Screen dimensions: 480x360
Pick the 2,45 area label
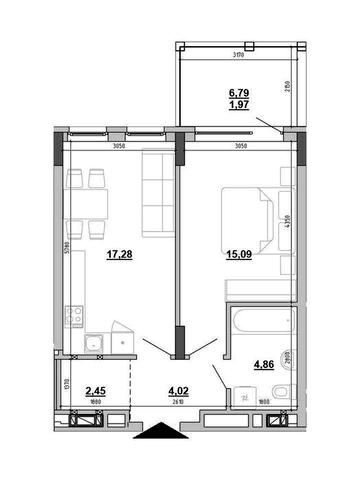coord(96,391)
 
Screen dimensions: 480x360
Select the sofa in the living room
coord(155,191)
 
